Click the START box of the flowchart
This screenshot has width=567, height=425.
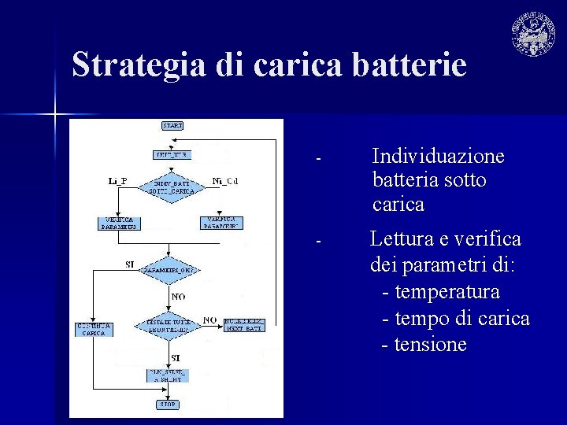pos(172,126)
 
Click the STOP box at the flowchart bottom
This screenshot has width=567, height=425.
pos(169,405)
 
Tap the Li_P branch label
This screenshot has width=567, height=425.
pos(117,181)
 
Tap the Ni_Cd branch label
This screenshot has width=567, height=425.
pos(225,181)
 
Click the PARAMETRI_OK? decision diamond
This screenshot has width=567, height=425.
pos(169,270)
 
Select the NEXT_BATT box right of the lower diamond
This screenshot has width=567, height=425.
pos(243,324)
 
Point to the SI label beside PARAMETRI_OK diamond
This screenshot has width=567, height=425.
pos(130,264)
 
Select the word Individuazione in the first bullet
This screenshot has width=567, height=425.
pos(438,156)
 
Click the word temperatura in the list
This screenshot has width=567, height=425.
pos(447,292)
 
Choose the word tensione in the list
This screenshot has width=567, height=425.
pos(431,345)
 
